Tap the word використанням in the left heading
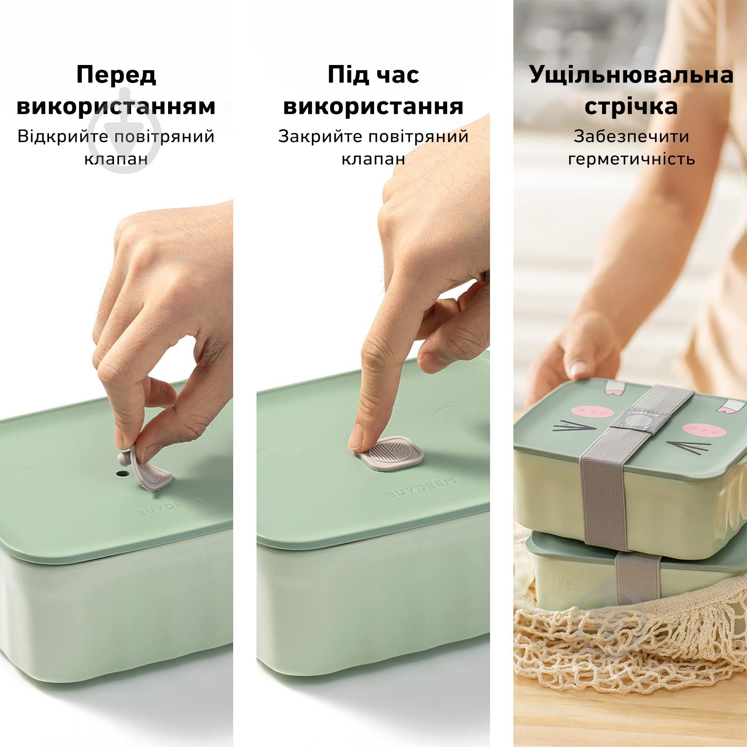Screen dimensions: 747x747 point(116,106)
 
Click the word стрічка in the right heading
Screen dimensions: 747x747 point(631,106)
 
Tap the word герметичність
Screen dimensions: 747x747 point(631,159)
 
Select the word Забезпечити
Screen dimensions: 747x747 point(631,137)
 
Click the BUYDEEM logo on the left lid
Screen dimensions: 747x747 point(169,506)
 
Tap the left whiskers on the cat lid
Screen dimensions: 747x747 point(574,427)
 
